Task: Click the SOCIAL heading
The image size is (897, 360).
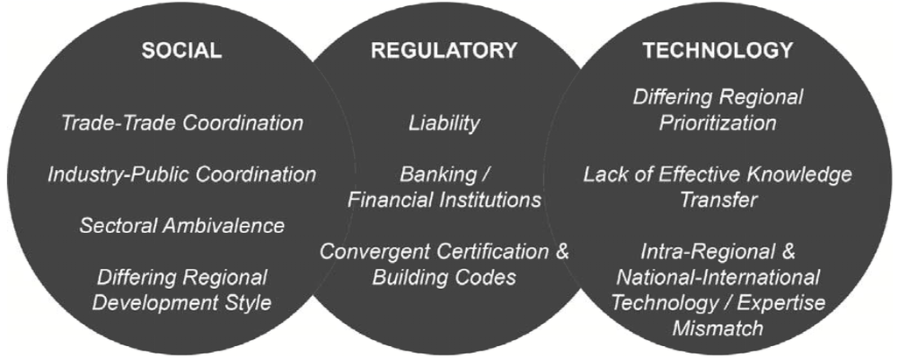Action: point(181,51)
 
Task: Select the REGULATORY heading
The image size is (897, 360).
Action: point(444,51)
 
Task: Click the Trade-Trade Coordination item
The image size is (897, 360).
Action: point(181,123)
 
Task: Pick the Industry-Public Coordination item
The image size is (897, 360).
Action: point(181,174)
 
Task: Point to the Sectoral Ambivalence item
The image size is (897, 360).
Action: point(181,225)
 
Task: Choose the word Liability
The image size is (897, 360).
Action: point(444,123)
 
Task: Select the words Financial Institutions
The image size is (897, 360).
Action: point(444,200)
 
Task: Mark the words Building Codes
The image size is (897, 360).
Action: point(444,278)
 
